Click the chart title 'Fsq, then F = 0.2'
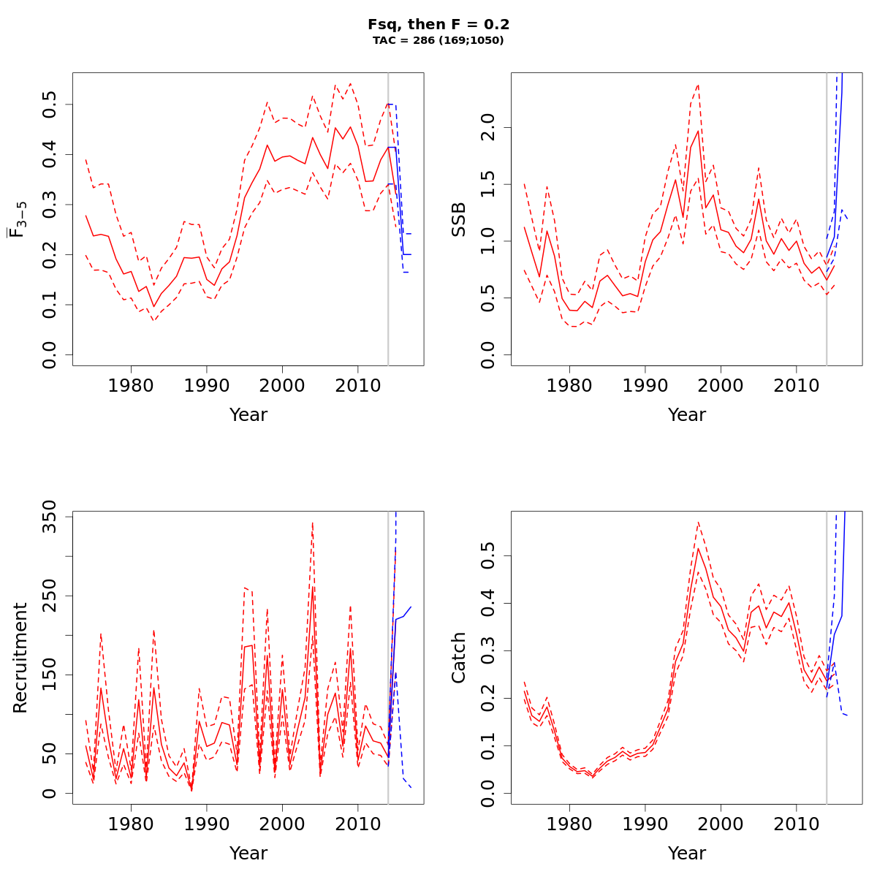(x=438, y=24)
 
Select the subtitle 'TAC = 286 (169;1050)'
(x=438, y=41)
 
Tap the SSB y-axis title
(x=459, y=219)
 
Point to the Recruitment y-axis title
(x=20, y=658)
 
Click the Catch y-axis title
(x=459, y=658)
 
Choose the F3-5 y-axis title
(x=20, y=219)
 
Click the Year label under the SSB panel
(x=687, y=415)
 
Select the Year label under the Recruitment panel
(x=248, y=854)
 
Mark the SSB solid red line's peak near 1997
(x=698, y=131)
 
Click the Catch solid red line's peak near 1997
(x=698, y=548)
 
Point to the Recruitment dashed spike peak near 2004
(x=312, y=522)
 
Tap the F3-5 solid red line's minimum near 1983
(x=153, y=306)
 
